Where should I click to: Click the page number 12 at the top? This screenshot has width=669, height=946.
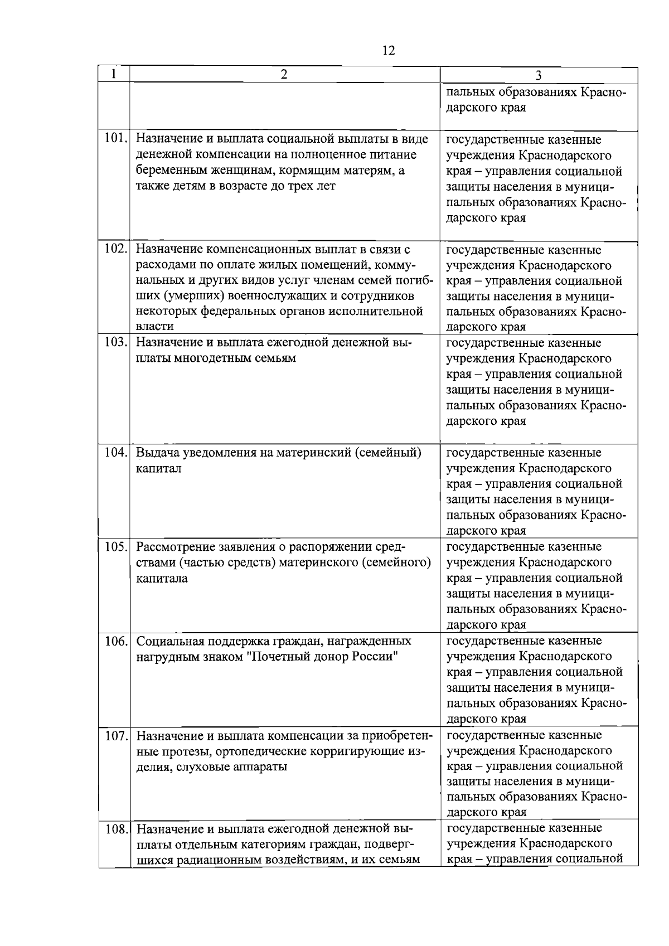[x=389, y=51]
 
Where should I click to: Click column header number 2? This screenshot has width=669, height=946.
[x=284, y=75]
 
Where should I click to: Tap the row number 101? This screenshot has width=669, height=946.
[x=116, y=139]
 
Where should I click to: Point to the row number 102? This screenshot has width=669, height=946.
[x=116, y=249]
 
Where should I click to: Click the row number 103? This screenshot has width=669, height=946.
[x=116, y=342]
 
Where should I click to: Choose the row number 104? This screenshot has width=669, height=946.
[x=116, y=453]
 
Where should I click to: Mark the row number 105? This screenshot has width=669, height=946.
[x=116, y=546]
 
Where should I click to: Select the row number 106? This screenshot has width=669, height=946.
[x=116, y=641]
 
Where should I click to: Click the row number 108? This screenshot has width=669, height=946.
[x=116, y=829]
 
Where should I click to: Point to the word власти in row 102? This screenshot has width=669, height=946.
[x=155, y=326]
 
